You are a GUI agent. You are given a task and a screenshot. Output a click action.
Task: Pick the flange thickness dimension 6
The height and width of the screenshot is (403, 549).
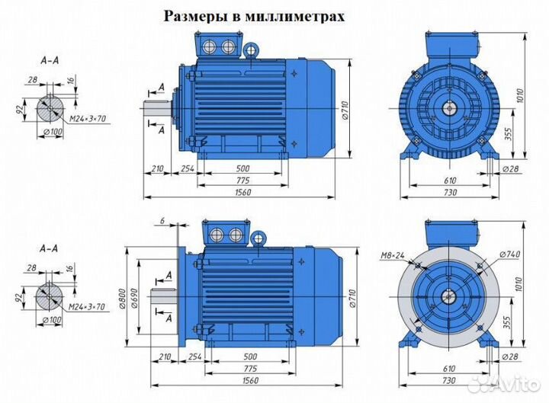tap(162, 221)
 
